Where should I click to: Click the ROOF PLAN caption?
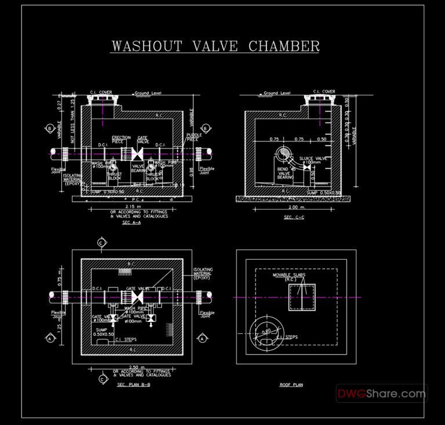click(x=292, y=384)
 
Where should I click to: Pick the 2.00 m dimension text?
click(x=296, y=207)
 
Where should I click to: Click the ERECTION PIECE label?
click(x=121, y=140)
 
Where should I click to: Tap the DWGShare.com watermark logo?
click(x=382, y=394)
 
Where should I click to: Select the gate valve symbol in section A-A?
click(x=138, y=154)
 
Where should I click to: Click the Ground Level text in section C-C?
click(x=277, y=93)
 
